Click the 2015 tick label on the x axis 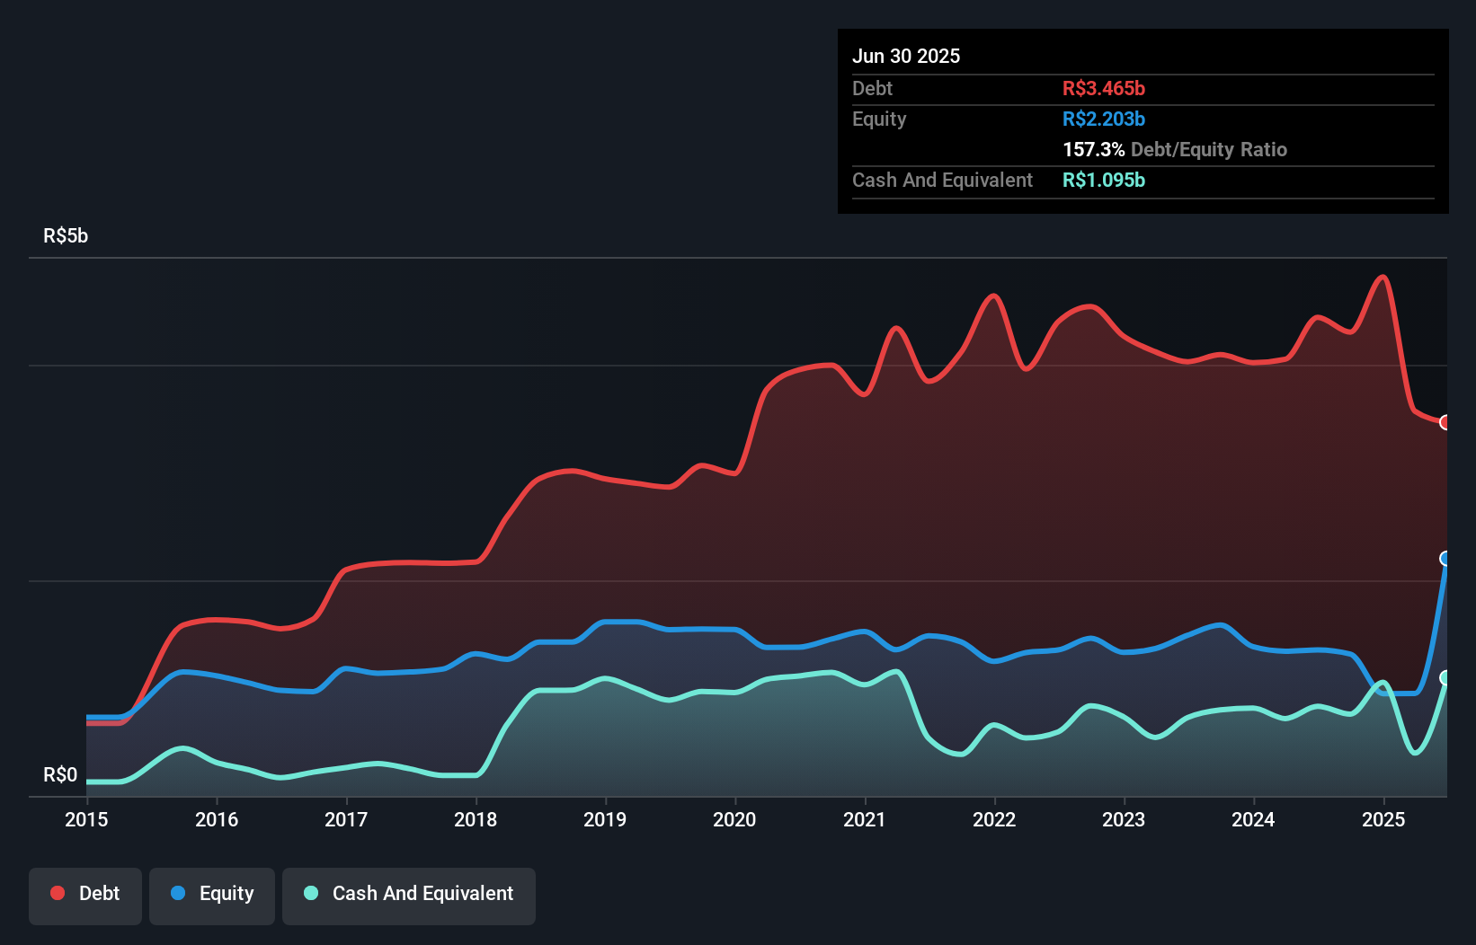click(86, 819)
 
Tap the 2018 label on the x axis click(476, 819)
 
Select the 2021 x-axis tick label click(864, 819)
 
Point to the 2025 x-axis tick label click(1383, 819)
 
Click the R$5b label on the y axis click(66, 235)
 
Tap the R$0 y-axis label click(60, 774)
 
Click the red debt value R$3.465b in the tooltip click(1103, 88)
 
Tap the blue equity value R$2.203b click(1103, 119)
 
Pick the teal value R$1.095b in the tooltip click(1103, 180)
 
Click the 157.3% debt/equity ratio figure click(1093, 149)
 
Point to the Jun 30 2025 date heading click(905, 56)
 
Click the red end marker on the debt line click(1445, 422)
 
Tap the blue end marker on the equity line click(1445, 559)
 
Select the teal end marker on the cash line click(1445, 677)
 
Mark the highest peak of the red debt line click(1383, 277)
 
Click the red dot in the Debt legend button click(58, 893)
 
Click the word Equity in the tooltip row click(878, 119)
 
